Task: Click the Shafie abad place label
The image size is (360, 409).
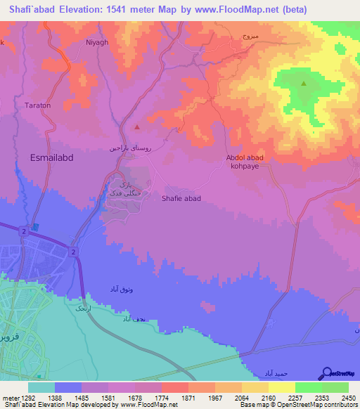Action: [181, 198]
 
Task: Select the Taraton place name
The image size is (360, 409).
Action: [37, 105]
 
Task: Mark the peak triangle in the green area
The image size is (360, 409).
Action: [304, 84]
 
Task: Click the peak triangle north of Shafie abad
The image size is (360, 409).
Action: [137, 127]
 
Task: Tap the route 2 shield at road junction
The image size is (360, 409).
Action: [73, 252]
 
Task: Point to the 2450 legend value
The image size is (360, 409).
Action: [349, 398]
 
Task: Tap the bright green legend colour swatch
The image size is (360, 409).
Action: [308, 387]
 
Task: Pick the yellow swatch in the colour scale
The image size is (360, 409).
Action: [281, 387]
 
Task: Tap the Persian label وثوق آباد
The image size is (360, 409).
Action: [122, 290]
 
